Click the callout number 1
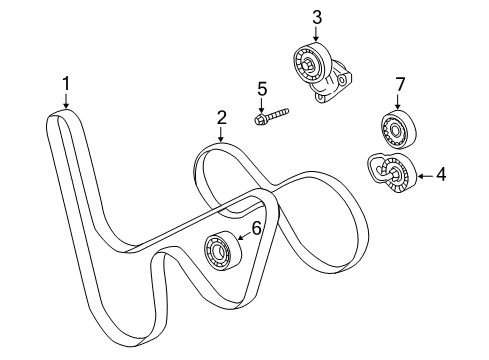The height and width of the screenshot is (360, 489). point(67,85)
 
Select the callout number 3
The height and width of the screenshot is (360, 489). point(316,16)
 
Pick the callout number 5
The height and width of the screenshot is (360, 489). point(262,89)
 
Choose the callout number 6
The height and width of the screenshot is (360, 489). point(256,229)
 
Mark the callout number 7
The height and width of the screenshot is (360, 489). point(398,83)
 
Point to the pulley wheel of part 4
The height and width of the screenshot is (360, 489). point(396,176)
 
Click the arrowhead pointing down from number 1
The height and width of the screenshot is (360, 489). point(66,107)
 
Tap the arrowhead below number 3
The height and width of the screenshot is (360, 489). point(316,39)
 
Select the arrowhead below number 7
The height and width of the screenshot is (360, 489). point(397,106)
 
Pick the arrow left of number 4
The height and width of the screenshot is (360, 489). point(417,176)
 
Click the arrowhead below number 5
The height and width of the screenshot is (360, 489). point(262,109)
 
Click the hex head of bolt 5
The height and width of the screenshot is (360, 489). point(259,119)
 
